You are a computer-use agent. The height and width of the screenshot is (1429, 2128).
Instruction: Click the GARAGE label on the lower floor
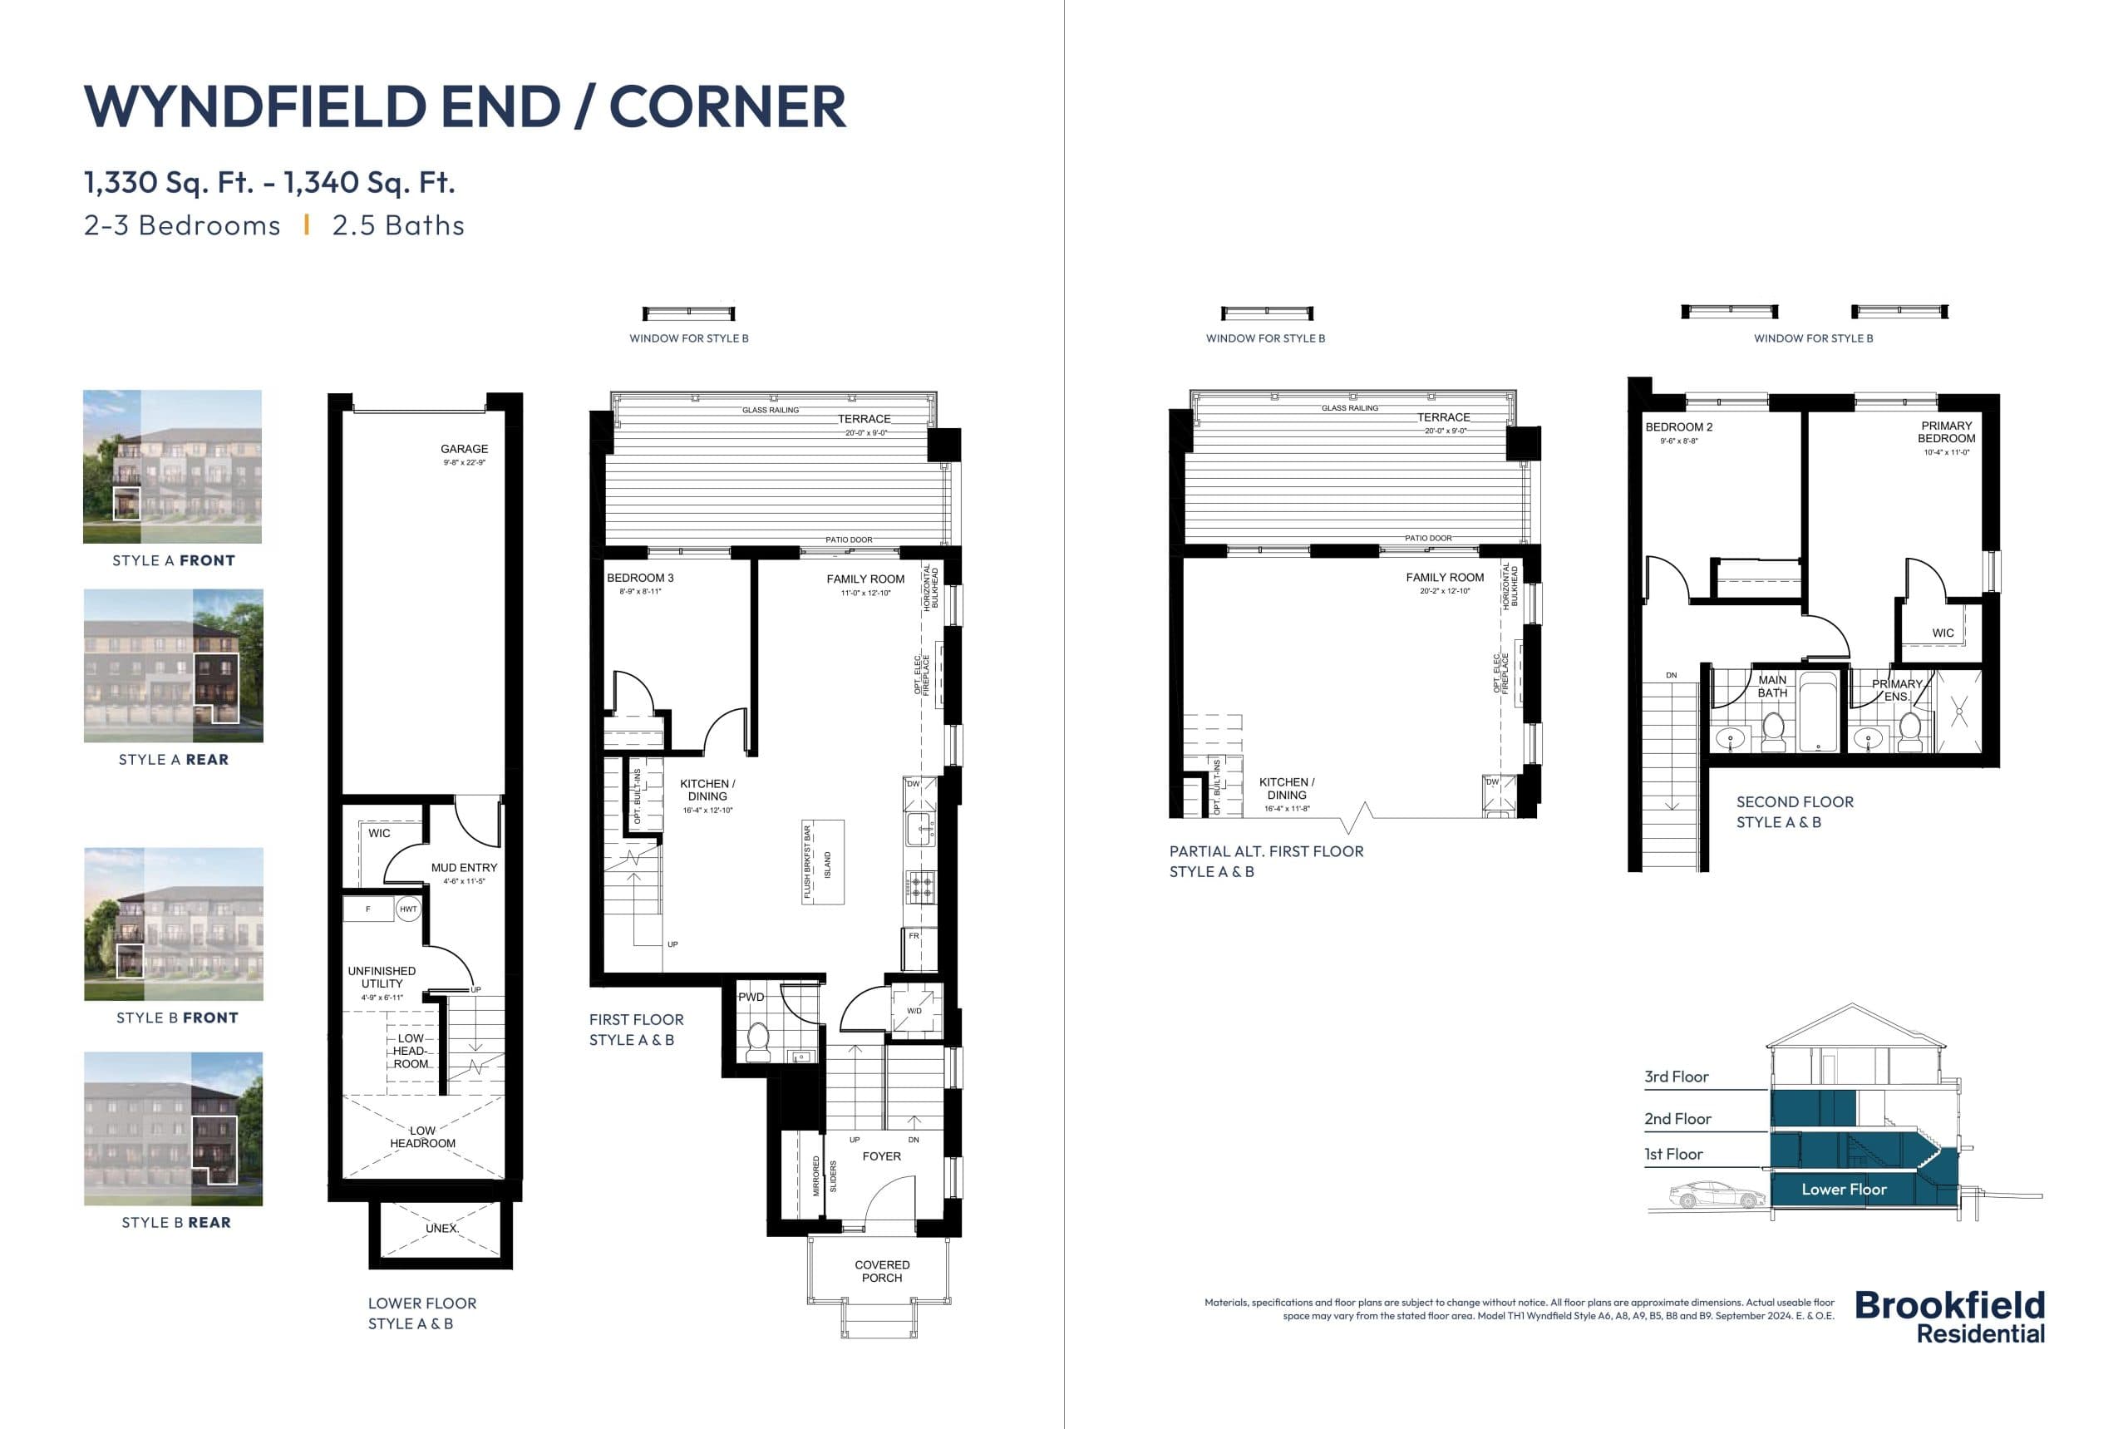pos(464,449)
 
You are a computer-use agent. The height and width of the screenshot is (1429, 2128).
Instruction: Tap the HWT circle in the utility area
pos(408,909)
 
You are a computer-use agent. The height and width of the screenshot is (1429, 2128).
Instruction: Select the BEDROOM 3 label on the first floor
pos(640,578)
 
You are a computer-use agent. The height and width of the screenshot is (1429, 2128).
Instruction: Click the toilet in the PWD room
pos(758,1042)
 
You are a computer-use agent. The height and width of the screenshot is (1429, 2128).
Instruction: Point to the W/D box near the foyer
pos(914,1011)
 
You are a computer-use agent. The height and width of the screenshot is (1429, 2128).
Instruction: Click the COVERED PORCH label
pos(881,1270)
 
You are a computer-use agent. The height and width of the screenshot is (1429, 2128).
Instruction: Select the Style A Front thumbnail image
pos(172,466)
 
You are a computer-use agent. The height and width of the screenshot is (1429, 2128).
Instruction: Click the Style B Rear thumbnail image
pos(173,1128)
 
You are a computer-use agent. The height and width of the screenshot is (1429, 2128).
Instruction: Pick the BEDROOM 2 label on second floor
pos(1677,427)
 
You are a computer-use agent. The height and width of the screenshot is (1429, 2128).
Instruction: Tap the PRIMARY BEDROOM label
pos(1946,432)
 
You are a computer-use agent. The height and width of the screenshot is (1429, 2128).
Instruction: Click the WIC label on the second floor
pos(1942,633)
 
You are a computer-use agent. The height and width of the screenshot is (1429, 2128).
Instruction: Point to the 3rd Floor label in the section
pos(1676,1077)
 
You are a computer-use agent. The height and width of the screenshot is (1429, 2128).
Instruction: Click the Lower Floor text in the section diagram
pos(1843,1190)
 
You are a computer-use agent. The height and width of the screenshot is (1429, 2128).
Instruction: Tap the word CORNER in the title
pos(727,106)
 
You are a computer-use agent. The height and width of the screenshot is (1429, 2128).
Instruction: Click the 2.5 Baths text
pos(398,225)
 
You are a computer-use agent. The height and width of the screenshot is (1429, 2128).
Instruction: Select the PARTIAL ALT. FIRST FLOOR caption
pos(1266,851)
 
